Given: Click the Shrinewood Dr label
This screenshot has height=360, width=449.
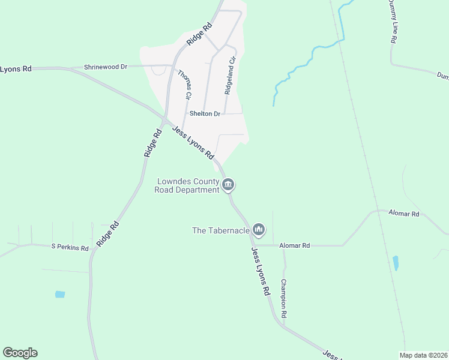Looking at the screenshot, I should point(106,67).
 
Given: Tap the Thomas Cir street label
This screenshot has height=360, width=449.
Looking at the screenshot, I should point(184,84).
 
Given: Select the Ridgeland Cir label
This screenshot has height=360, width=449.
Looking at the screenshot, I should point(231,75).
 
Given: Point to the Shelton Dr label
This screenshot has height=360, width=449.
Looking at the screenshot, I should point(205,113).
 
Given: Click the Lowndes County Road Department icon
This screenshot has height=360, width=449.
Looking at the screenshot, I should point(228,185).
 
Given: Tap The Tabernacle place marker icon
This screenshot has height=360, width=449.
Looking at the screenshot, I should point(259,229).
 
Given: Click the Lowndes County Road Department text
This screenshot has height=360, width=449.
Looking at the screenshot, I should point(187,185).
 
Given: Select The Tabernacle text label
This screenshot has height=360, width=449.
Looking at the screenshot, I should point(220,230).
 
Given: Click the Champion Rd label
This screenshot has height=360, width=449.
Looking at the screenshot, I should point(283,298).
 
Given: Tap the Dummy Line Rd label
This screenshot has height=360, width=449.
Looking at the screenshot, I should point(393,21).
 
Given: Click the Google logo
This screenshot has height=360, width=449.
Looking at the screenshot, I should point(20,353).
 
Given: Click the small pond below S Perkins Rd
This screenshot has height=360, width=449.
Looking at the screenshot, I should point(59,295).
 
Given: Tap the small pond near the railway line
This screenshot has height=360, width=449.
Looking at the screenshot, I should point(395,263).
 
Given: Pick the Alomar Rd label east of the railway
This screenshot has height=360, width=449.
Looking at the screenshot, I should point(403,214).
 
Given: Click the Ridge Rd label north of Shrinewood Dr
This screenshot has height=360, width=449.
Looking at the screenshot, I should point(200,34).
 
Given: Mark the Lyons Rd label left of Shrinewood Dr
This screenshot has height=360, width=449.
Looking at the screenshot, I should point(16,69).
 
